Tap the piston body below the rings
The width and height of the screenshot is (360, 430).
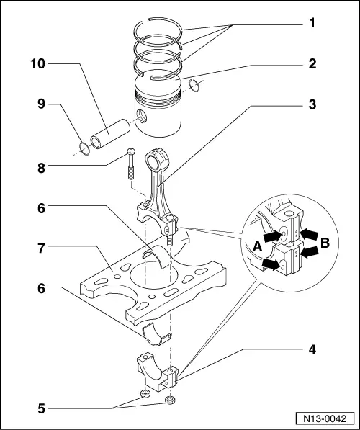[158, 115]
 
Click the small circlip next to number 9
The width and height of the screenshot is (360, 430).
[84, 149]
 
